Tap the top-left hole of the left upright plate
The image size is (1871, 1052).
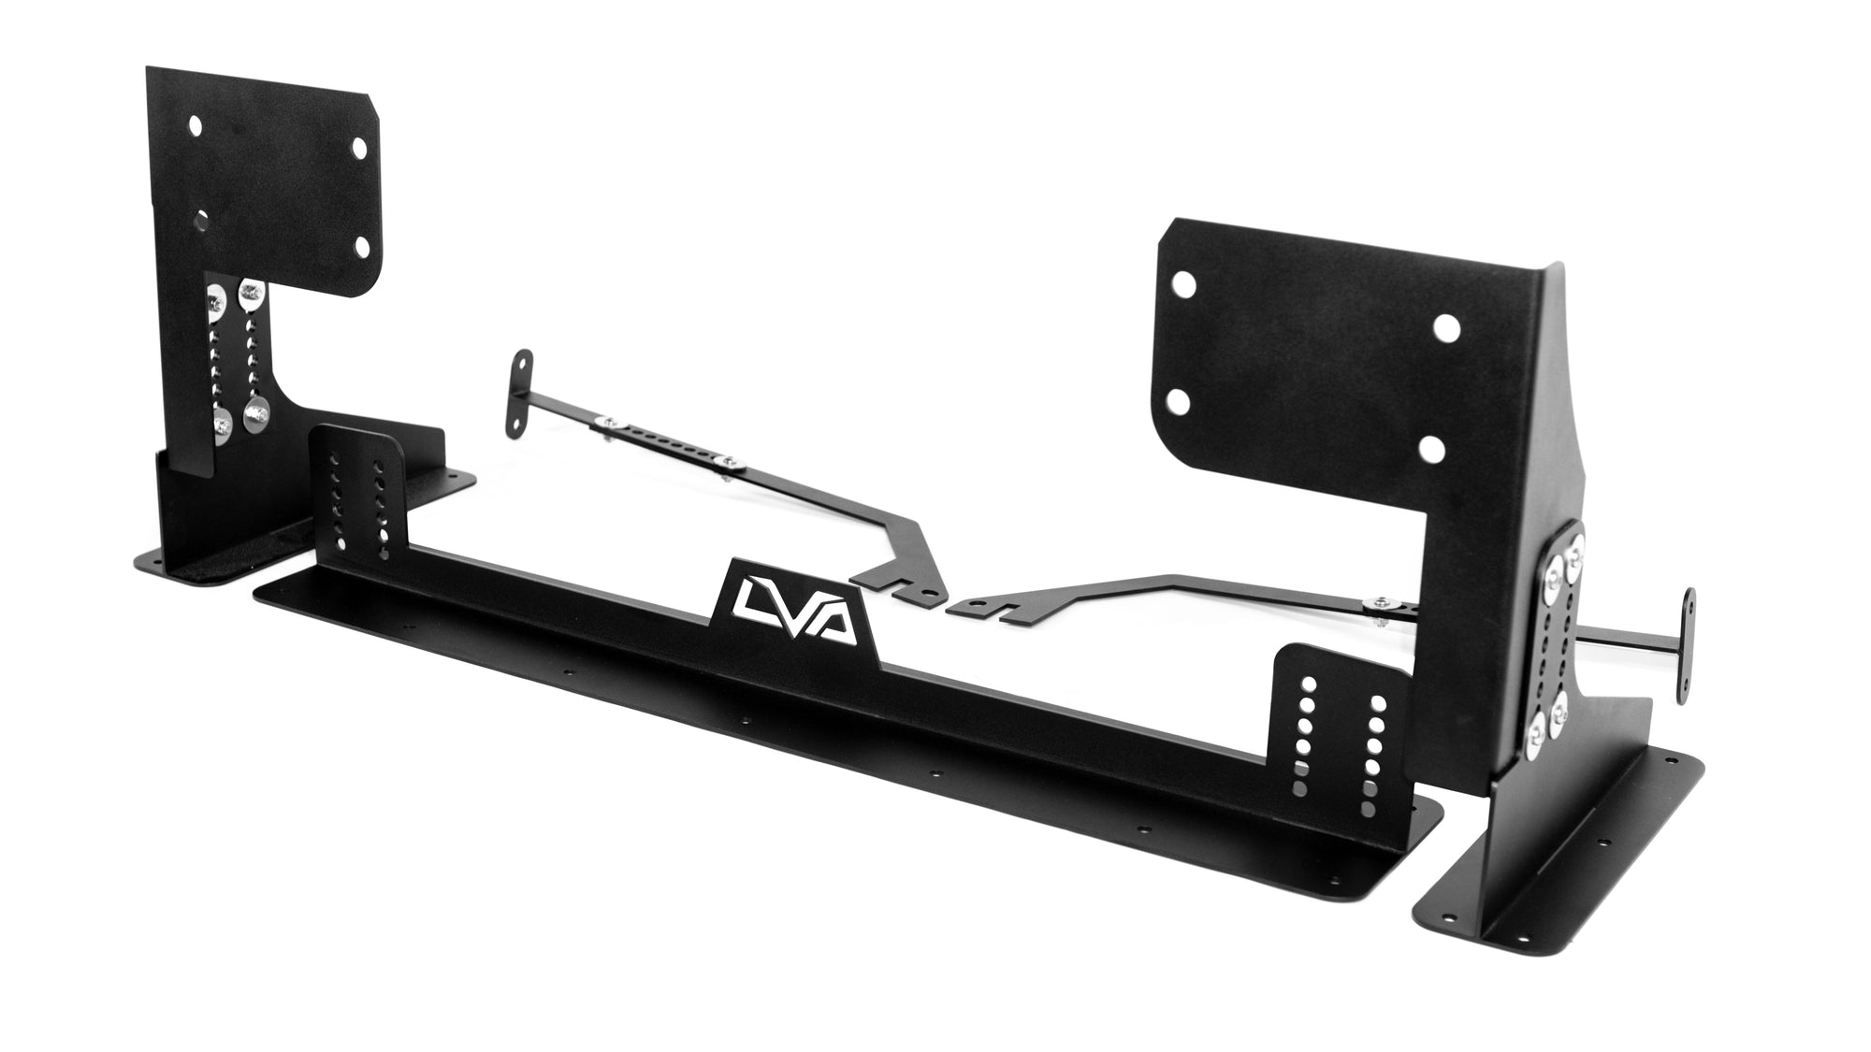[x=196, y=123]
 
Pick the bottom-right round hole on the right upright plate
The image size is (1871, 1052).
[x=1429, y=449]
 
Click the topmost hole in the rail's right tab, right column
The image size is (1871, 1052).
[x=1378, y=701]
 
